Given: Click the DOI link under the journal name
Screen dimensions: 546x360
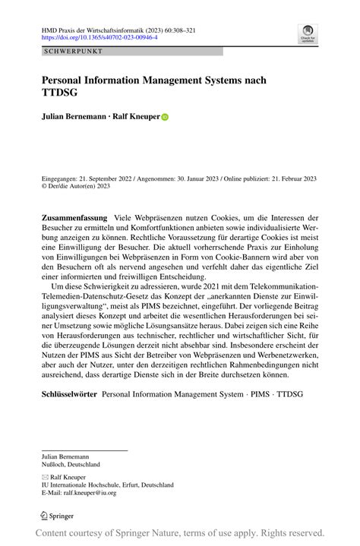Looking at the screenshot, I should pyautogui.click(x=99, y=36).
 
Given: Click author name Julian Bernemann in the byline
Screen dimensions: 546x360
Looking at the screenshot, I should pyautogui.click(x=74, y=118).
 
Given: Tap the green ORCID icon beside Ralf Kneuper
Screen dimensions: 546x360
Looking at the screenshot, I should pyautogui.click(x=164, y=118).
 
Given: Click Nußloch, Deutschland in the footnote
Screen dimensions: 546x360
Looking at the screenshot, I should pyautogui.click(x=71, y=463).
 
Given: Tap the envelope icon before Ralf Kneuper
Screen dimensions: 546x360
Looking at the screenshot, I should pyautogui.click(x=45, y=476).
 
